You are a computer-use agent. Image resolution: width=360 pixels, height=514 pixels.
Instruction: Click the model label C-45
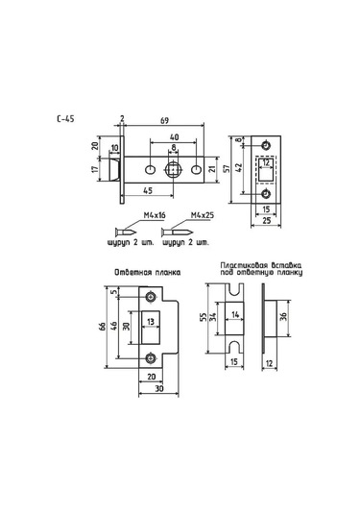(x=65, y=118)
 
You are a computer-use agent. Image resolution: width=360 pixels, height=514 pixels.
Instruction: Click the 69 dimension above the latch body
(x=164, y=120)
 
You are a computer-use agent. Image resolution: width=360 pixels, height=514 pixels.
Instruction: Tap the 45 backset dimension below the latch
(x=148, y=190)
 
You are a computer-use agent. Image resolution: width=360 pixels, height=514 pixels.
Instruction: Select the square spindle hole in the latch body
(x=173, y=170)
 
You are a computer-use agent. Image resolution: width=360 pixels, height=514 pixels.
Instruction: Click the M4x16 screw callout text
(x=155, y=215)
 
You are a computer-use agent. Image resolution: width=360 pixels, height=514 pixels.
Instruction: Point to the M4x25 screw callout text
(x=203, y=215)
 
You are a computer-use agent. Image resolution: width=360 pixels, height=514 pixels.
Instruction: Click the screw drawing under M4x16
(x=126, y=233)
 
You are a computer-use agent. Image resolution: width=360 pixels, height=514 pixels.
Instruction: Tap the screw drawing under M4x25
(x=177, y=233)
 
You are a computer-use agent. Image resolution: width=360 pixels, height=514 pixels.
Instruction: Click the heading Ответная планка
(x=148, y=273)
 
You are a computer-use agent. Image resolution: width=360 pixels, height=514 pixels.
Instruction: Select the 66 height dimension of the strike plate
(x=102, y=327)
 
